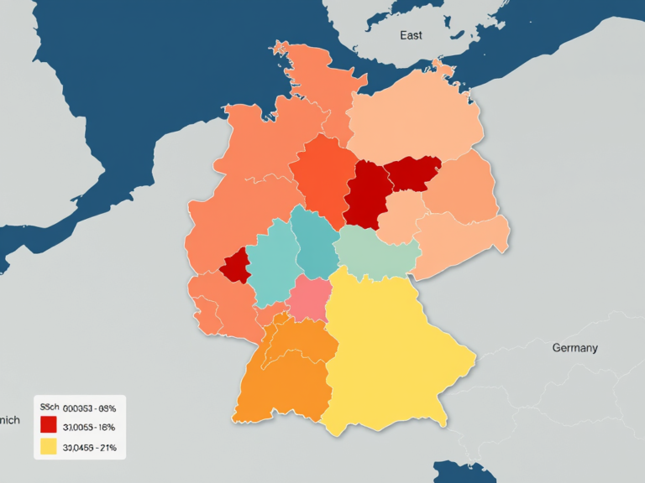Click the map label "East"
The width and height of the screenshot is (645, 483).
pyautogui.click(x=411, y=35)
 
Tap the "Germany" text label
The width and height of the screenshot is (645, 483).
pyautogui.click(x=574, y=347)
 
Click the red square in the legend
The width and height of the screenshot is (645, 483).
pyautogui.click(x=49, y=426)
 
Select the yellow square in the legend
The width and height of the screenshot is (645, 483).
pyautogui.click(x=49, y=447)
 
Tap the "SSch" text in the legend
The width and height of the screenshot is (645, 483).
pyautogui.click(x=50, y=408)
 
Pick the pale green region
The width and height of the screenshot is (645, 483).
pyautogui.click(x=376, y=250)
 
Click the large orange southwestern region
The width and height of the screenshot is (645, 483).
pyautogui.click(x=281, y=377)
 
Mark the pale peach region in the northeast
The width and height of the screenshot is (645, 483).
pyautogui.click(x=416, y=117)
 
